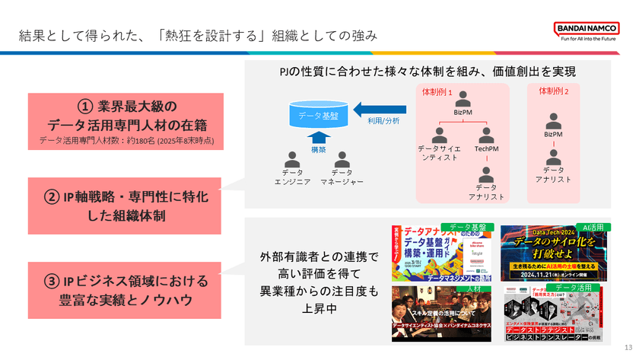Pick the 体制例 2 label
tap(554, 91)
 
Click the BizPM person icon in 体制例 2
tap(554, 119)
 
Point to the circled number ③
tap(54, 282)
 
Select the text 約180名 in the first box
tap(142, 141)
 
